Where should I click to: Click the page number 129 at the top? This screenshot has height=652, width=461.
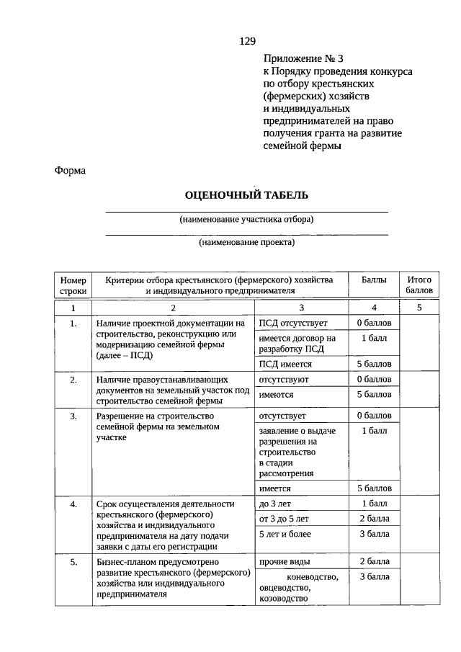248,41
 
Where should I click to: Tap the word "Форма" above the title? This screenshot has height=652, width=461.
70,171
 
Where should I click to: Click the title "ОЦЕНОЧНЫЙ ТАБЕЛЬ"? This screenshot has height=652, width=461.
246,195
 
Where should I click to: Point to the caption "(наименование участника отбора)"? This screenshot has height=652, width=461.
247,220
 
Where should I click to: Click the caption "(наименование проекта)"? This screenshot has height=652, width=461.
247,243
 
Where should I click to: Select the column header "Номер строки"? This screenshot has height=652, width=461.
73,285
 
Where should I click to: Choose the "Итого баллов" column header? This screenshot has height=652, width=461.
419,285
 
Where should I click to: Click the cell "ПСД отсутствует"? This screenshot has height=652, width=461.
293,323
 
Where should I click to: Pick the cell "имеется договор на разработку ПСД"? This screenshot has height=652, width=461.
297,344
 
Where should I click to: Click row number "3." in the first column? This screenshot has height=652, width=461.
73,416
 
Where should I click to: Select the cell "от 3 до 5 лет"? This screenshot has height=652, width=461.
284,519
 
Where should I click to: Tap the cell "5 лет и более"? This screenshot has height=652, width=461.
285,534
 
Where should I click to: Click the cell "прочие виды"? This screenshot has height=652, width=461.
282,561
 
